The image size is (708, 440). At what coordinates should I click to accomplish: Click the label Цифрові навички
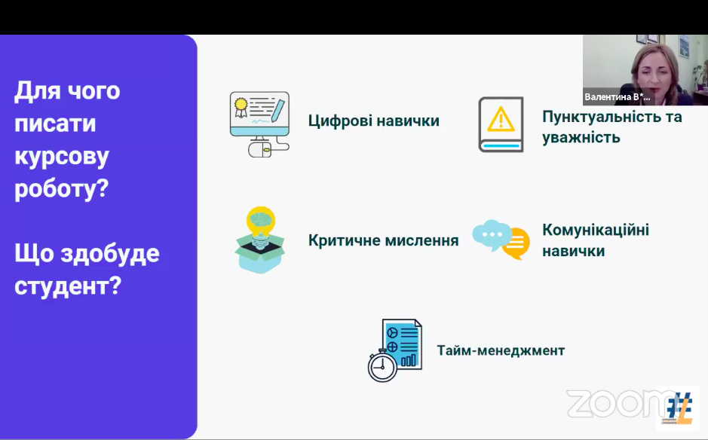pos(374,121)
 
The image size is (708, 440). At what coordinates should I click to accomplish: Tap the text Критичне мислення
pos(383,240)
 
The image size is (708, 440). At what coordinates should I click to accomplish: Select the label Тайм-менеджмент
pos(501,350)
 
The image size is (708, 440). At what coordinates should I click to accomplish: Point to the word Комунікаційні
pos(596,230)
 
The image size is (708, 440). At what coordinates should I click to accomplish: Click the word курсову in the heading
pos(62,157)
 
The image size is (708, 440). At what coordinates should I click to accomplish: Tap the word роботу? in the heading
pos(61,188)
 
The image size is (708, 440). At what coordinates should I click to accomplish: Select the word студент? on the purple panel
pos(68,286)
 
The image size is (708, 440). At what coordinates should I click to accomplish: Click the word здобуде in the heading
pos(110,252)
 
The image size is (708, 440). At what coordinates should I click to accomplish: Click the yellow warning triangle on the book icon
pos(501,119)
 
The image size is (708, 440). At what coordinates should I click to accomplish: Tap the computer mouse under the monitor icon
pos(259,148)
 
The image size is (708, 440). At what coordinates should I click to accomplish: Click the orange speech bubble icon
pos(516,243)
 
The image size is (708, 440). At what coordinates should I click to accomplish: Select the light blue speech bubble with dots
pos(492,234)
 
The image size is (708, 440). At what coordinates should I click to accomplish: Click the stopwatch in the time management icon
pos(382,366)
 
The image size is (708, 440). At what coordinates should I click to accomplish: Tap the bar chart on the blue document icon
pos(408,360)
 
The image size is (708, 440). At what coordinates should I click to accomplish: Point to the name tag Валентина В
pos(618,97)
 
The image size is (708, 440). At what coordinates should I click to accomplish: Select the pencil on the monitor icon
pos(278,110)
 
